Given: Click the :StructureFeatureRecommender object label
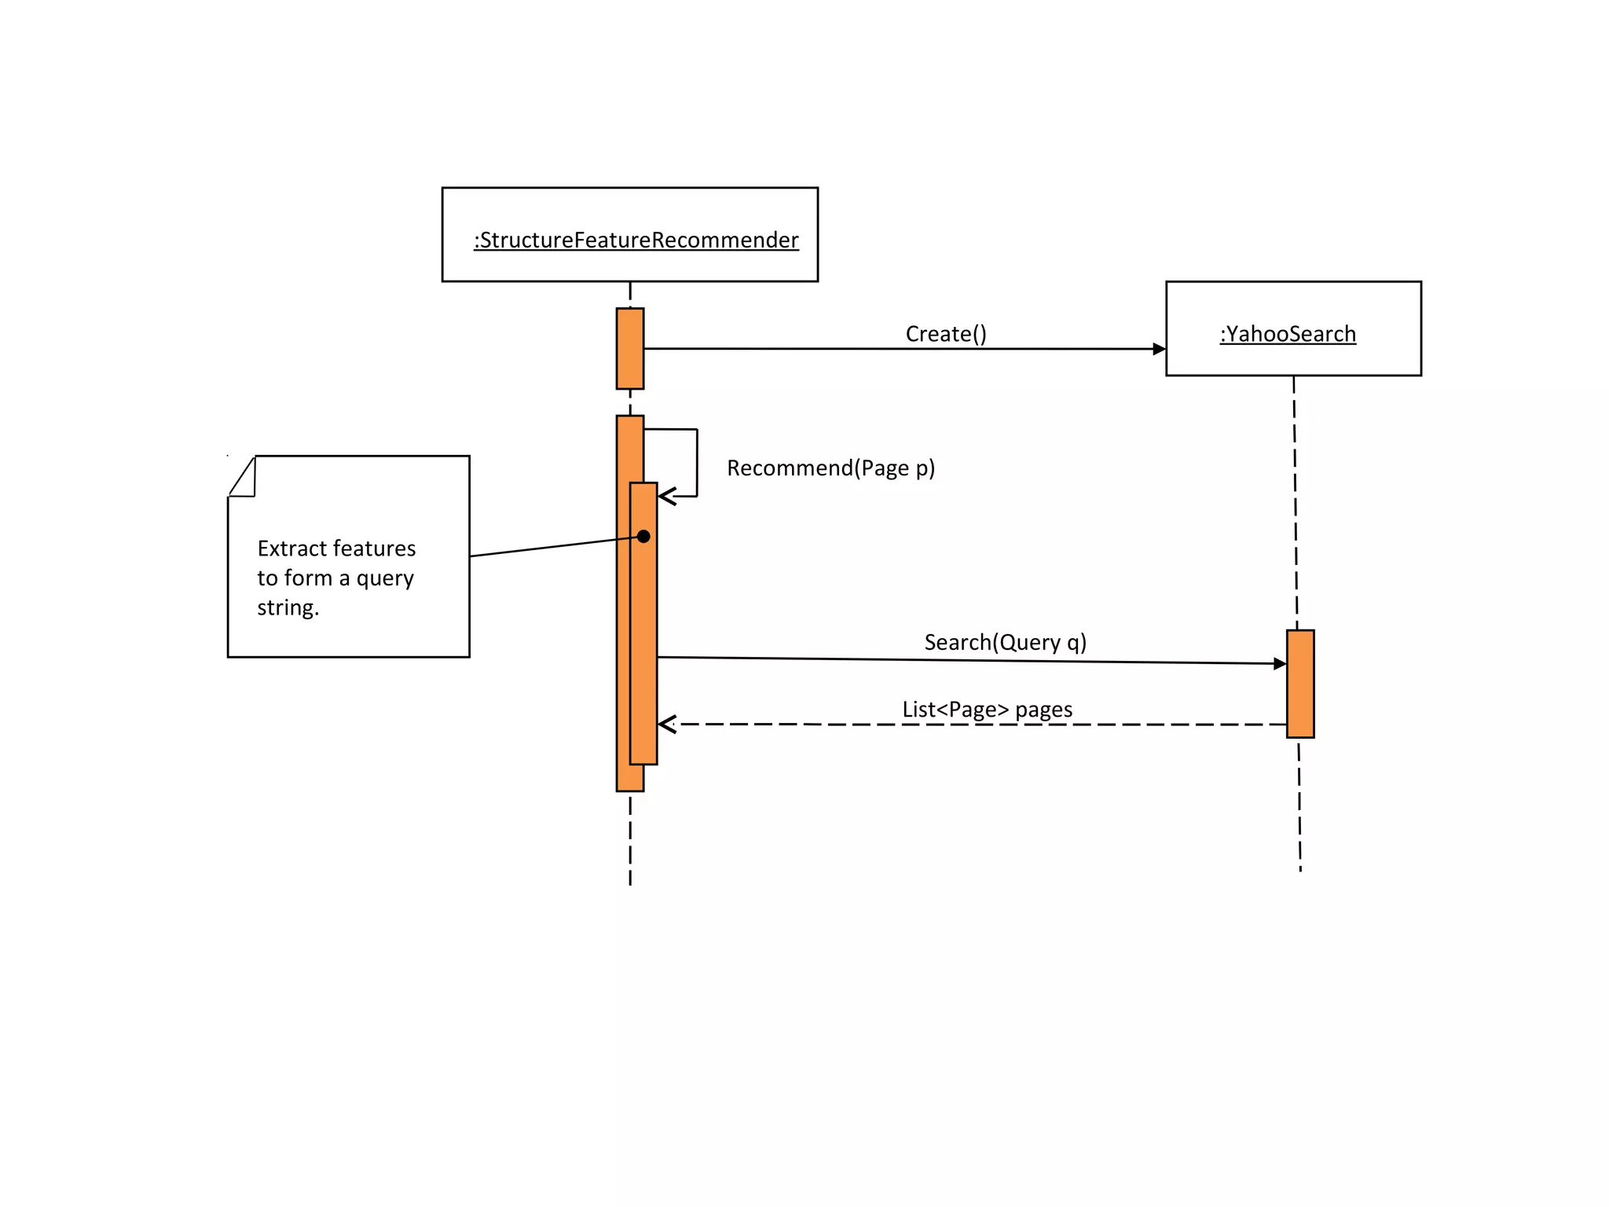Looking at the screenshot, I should pos(636,240).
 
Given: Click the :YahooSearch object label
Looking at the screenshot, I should pos(1288,334).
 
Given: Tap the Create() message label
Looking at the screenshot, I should pos(945,334).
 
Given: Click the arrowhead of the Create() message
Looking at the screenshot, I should pos(1159,349).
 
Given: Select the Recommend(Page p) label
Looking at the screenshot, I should pos(830,468).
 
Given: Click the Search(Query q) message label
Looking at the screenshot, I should pos(1005,642).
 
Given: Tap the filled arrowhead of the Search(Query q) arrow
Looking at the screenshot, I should pos(1280,664).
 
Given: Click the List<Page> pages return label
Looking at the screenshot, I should pos(987,710).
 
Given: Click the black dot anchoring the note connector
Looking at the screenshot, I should pos(643,537).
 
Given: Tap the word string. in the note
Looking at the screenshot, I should pos(288,607).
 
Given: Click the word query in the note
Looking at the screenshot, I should pos(385,579).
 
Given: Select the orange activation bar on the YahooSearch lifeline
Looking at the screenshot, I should pos(1300,684).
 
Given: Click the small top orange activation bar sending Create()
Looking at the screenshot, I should pos(630,348).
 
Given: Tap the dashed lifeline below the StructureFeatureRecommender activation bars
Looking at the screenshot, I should pos(630,841).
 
